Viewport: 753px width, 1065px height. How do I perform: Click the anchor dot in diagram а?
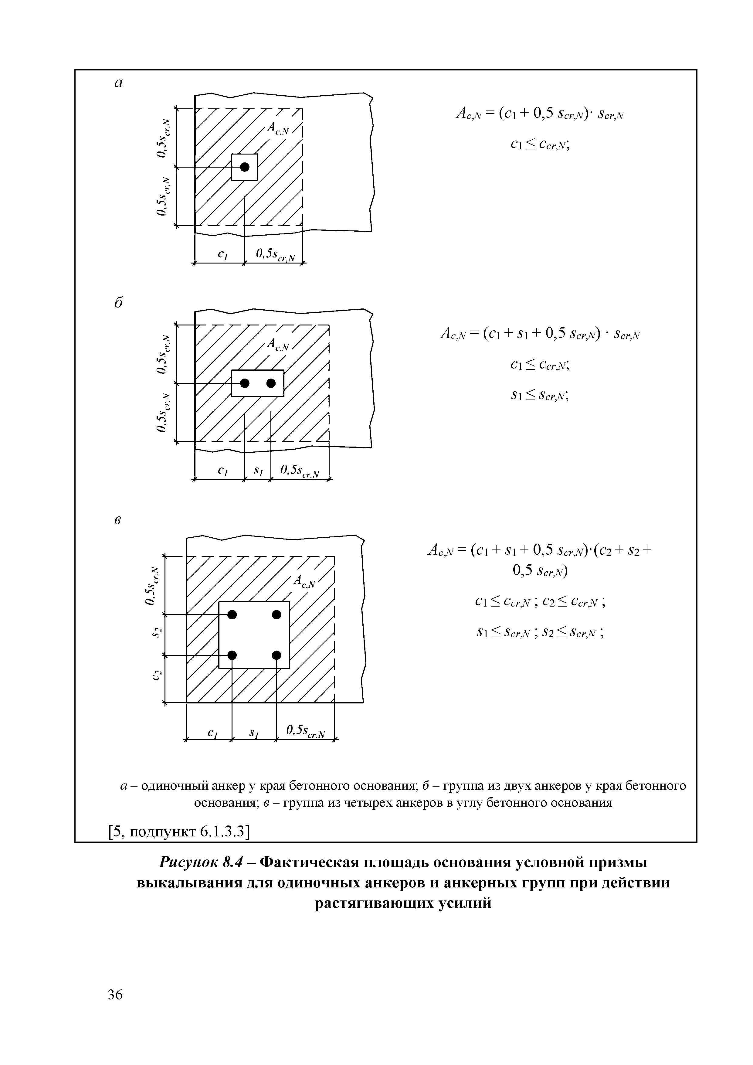[244, 167]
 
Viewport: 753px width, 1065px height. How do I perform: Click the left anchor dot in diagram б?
[244, 383]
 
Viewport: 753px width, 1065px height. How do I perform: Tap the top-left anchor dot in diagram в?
[232, 614]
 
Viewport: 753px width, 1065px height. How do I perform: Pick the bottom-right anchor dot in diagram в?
[276, 655]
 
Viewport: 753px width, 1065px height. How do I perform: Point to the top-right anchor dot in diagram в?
[276, 614]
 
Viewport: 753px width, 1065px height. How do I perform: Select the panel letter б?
[119, 302]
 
